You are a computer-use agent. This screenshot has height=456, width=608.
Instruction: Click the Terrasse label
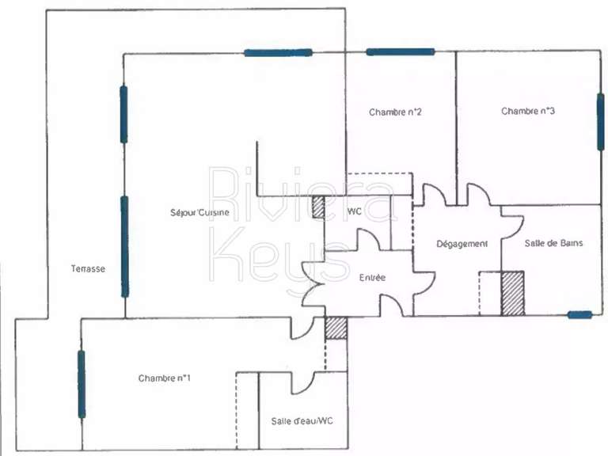(88, 269)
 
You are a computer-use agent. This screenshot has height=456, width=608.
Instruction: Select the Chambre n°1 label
(165, 378)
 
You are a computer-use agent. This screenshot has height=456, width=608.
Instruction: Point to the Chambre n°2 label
(394, 112)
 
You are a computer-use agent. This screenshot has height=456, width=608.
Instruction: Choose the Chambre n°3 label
(527, 112)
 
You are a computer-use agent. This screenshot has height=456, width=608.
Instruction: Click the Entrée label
(372, 278)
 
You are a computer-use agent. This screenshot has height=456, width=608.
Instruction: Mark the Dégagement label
(462, 244)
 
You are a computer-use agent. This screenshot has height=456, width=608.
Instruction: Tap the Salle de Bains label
(553, 243)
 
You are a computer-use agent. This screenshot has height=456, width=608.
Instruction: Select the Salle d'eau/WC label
(302, 421)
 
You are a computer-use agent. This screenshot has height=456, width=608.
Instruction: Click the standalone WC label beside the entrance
(355, 211)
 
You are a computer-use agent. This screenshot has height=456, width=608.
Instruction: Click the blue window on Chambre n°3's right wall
(600, 120)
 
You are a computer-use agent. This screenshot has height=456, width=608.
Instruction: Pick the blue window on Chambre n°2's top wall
(400, 52)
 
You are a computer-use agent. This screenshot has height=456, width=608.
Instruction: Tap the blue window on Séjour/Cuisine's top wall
(278, 52)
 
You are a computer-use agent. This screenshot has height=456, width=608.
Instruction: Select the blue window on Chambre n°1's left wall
(81, 384)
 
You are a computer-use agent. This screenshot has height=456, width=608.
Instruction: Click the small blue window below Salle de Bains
(579, 315)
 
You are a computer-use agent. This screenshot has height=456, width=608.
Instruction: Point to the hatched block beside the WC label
(317, 207)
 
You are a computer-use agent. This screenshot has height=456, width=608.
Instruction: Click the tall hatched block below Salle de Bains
(512, 293)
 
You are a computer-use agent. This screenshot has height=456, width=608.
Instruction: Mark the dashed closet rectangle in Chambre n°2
(379, 184)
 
